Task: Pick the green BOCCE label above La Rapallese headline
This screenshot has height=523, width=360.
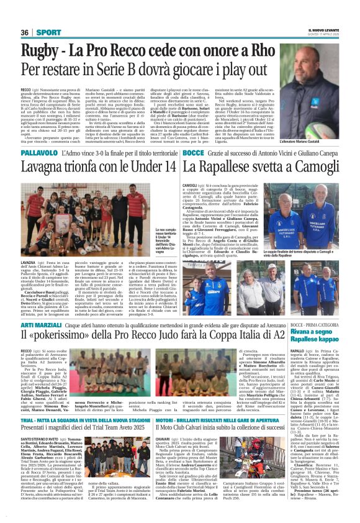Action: click(x=193, y=153)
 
